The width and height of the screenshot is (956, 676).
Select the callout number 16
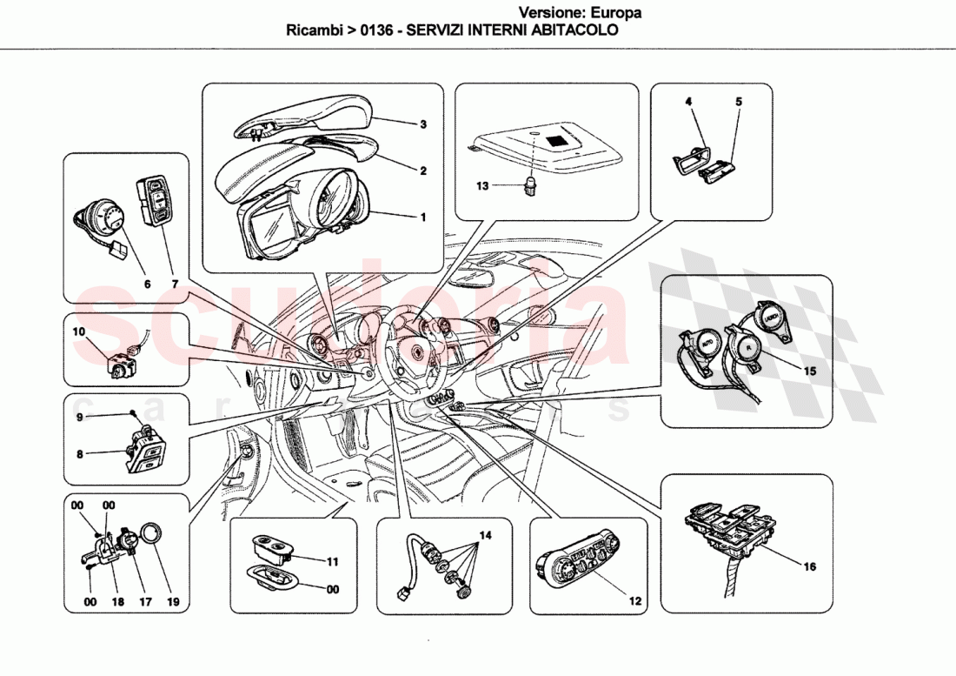(x=809, y=566)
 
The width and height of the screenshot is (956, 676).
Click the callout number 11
(x=331, y=562)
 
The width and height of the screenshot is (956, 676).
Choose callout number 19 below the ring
(x=173, y=600)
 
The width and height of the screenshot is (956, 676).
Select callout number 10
(x=78, y=332)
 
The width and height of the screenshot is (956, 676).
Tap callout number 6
(x=146, y=284)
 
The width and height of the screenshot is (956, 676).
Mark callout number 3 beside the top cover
(x=422, y=124)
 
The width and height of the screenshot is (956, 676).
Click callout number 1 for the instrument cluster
(x=422, y=217)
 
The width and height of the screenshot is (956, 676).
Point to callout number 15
(x=809, y=371)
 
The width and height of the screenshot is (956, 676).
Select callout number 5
(x=739, y=102)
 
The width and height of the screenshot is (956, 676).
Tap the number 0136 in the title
(x=374, y=29)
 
